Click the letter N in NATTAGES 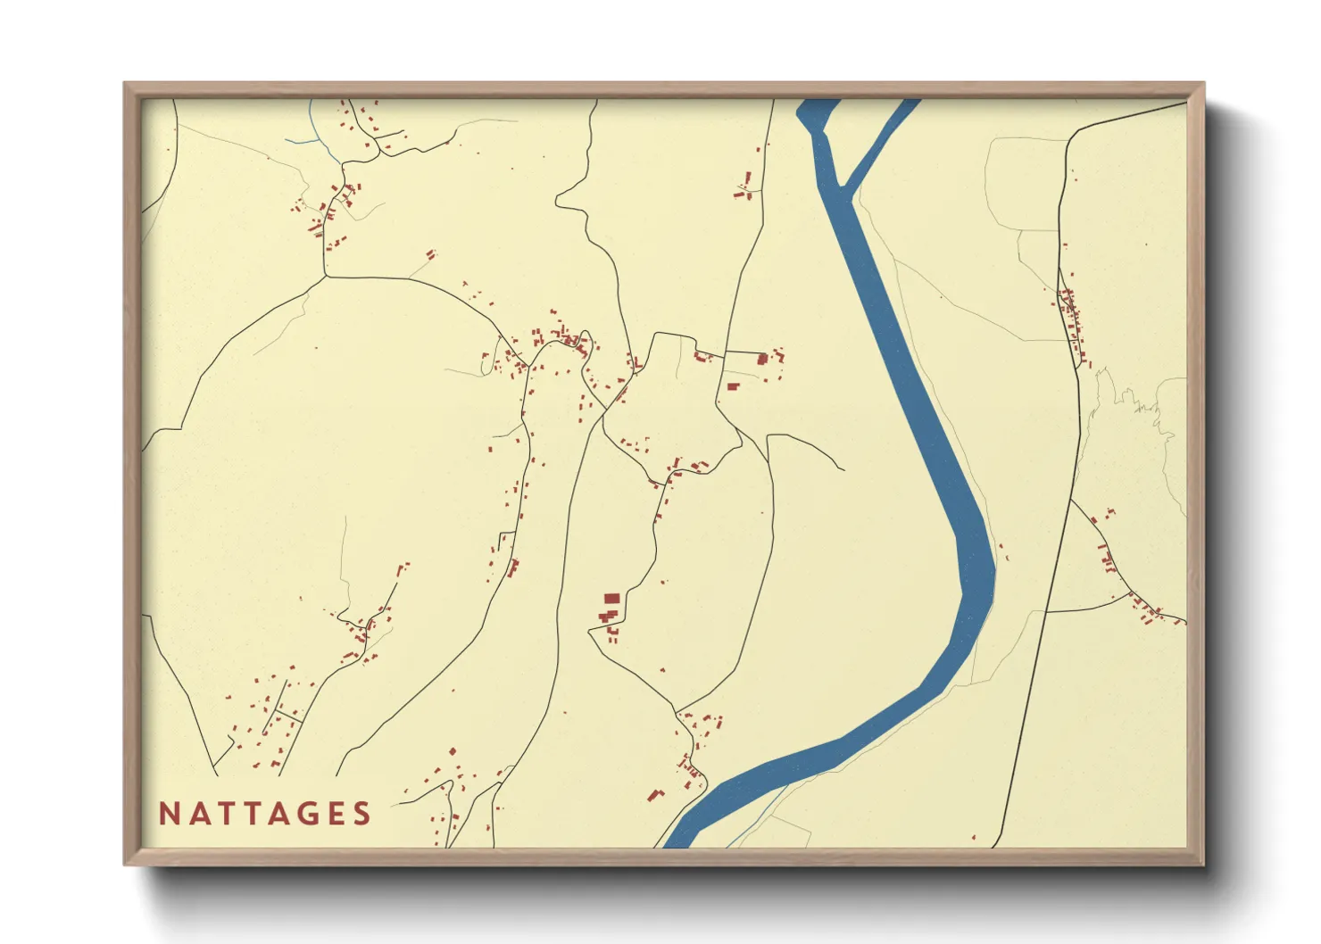[168, 814]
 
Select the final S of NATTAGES [361, 814]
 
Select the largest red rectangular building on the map [611, 599]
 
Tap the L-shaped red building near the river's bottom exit [656, 794]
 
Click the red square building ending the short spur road [762, 359]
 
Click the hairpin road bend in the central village [586, 338]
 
